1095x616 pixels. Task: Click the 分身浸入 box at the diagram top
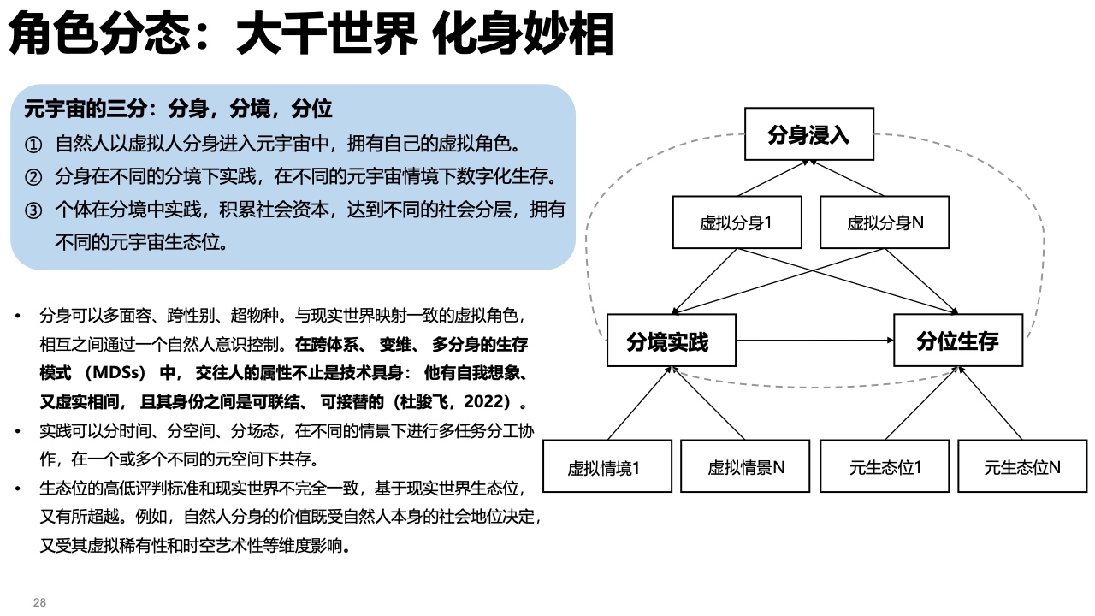(809, 134)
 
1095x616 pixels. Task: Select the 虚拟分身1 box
(737, 222)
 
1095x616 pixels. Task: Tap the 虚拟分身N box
(885, 222)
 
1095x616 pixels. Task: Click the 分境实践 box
(672, 341)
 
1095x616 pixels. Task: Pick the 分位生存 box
(958, 341)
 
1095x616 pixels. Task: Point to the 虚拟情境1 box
(607, 466)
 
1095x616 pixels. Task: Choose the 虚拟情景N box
(745, 466)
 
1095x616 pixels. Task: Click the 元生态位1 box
(885, 466)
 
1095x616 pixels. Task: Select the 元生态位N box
(1022, 466)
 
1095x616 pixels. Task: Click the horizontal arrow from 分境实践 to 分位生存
(815, 341)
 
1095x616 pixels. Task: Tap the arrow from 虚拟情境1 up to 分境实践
(640, 403)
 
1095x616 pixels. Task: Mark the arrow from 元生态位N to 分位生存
(990, 403)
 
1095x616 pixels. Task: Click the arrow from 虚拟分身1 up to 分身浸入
(773, 179)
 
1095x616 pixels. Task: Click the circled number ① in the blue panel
(33, 145)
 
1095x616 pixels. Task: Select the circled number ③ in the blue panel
(33, 210)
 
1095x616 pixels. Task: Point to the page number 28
(39, 602)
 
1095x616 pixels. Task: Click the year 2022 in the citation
(483, 402)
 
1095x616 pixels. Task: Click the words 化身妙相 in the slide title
(523, 33)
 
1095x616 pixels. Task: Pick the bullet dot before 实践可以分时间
(18, 431)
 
